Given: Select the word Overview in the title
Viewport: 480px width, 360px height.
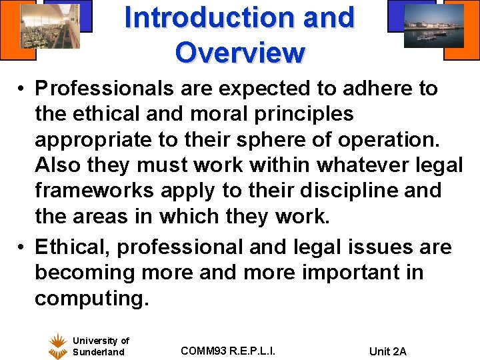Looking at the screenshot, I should click(x=240, y=51).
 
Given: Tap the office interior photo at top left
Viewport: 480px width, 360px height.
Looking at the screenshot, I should click(x=50, y=27).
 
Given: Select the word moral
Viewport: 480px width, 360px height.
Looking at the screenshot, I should click(x=222, y=113).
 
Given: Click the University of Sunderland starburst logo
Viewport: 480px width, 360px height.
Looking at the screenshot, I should click(x=58, y=346).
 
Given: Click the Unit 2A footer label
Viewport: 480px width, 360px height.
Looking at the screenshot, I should click(x=387, y=351).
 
